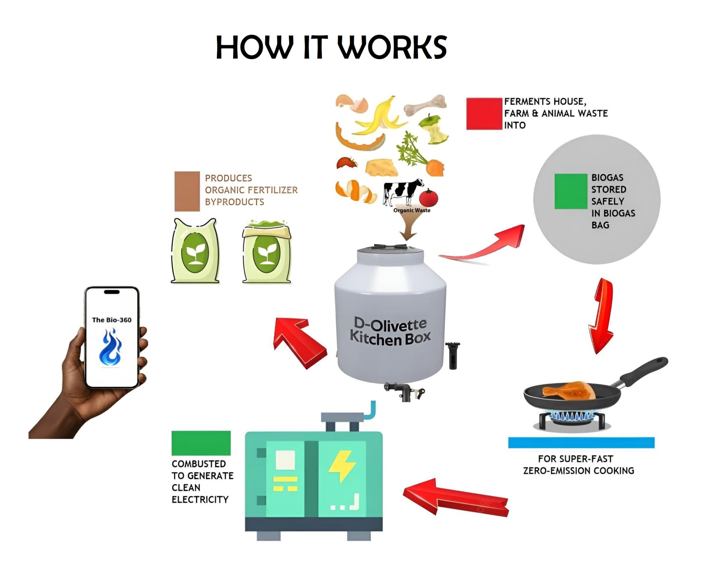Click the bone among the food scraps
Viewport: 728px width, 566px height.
(x=426, y=105)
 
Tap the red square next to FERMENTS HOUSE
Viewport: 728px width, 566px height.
(x=484, y=114)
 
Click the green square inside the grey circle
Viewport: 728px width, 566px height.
(x=570, y=192)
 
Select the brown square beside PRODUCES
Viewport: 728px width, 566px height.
(x=187, y=191)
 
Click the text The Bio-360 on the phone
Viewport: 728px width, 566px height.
(x=111, y=320)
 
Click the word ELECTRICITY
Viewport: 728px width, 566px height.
(x=200, y=499)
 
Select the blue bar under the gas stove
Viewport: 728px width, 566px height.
(x=581, y=442)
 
